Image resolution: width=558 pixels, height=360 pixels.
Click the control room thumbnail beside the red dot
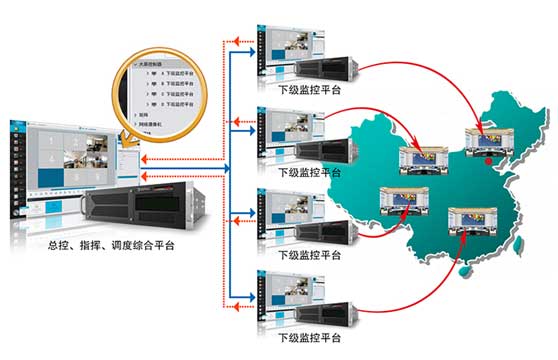(484, 139)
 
